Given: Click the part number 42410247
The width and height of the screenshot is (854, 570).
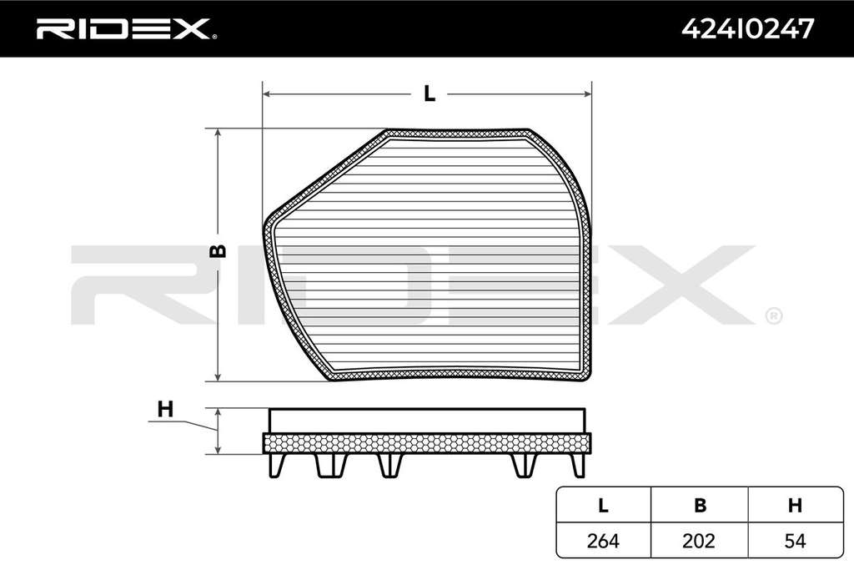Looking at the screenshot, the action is pos(748,28).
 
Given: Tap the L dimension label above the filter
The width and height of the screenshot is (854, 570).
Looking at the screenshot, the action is pos(430,93).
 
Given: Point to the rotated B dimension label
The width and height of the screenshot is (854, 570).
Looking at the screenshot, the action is pos(219,250).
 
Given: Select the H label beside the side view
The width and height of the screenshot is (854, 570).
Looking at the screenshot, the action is pos(165,409).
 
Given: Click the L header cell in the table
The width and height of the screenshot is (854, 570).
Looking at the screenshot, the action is pos(603,506).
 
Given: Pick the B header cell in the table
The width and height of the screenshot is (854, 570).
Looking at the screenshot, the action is pos(700,506).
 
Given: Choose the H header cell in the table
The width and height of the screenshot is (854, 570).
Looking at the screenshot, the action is pos(795,506).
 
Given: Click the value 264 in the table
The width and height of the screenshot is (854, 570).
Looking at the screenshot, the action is pos(603,541).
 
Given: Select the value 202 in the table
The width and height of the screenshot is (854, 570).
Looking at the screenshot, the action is pos(699,541).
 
